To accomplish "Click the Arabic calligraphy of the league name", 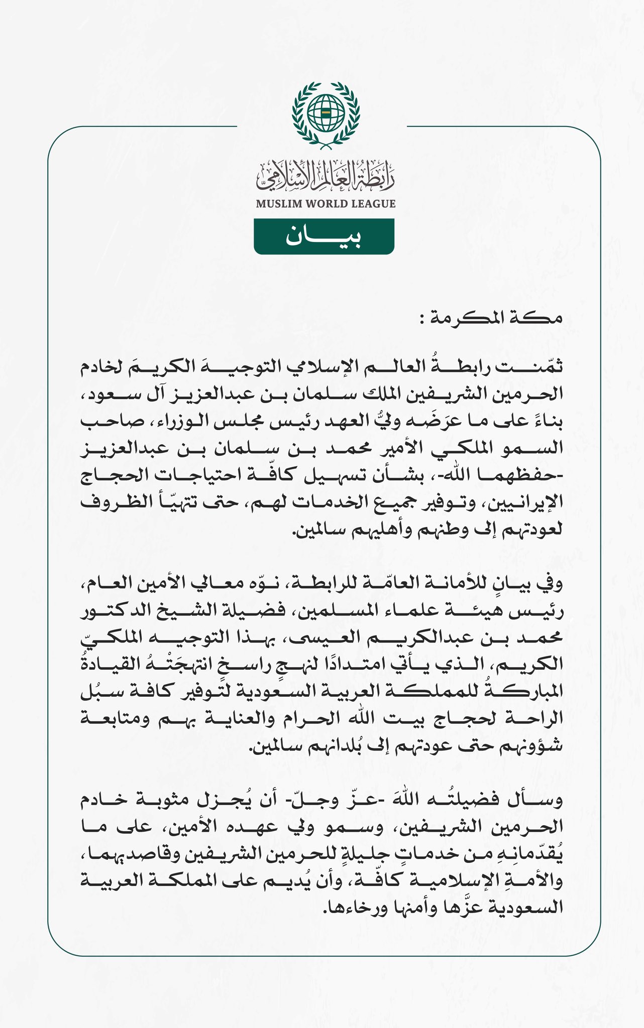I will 326,178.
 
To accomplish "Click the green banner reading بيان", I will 324,236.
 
